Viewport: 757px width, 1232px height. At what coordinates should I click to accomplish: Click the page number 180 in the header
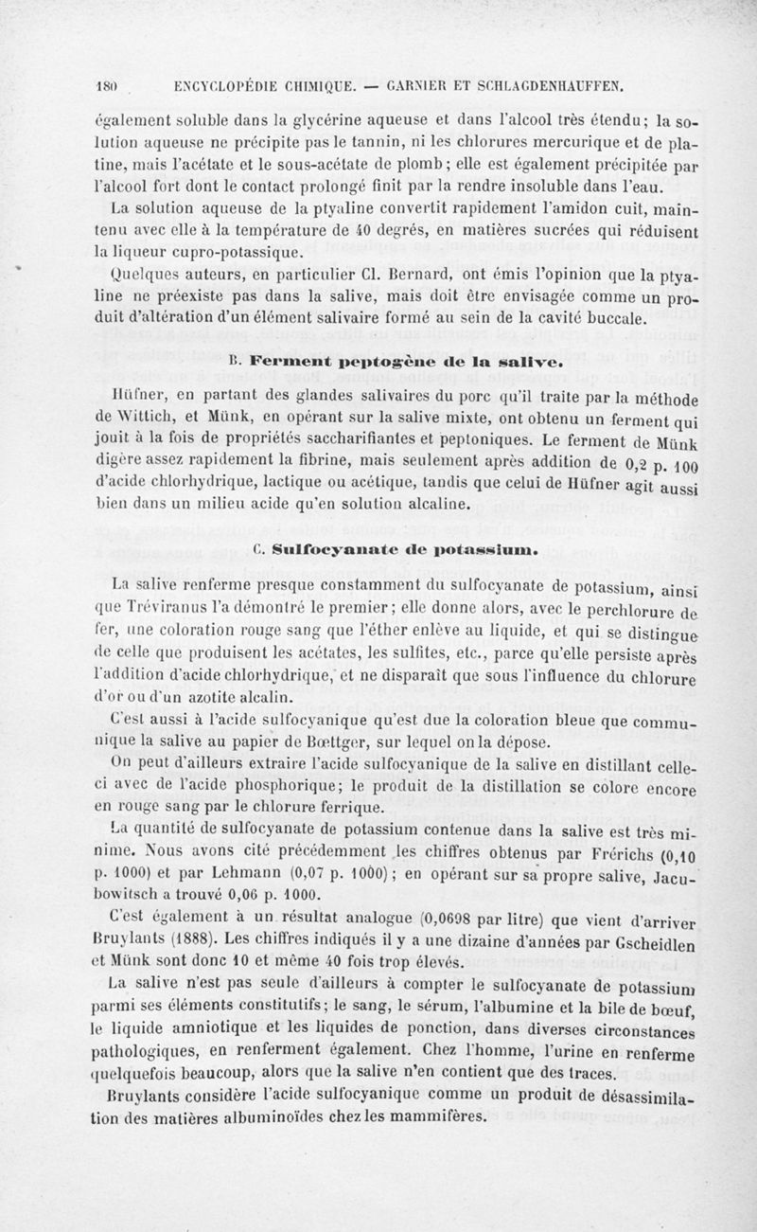[106, 89]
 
